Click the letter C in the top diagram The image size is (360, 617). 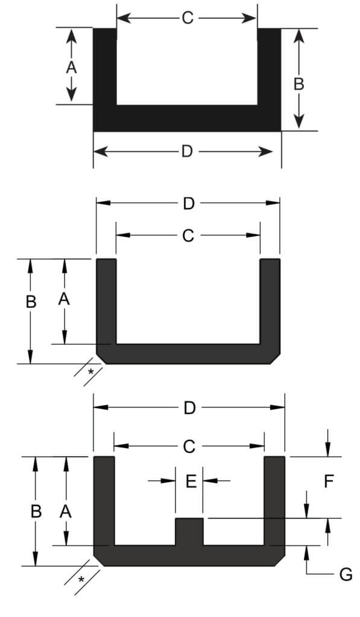[x=187, y=18]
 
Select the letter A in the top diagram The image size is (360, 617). [x=71, y=68]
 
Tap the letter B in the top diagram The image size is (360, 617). [x=298, y=84]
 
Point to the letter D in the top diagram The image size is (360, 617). [x=187, y=152]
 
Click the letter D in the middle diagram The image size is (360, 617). [x=189, y=204]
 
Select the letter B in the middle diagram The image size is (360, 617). [x=31, y=302]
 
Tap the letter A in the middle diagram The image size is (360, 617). [x=64, y=299]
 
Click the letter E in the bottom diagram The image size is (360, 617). [x=190, y=481]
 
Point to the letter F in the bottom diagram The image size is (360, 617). [x=329, y=481]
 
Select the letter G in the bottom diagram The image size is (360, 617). [x=346, y=574]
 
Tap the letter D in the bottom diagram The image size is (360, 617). [x=189, y=409]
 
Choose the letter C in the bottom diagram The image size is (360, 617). [x=189, y=446]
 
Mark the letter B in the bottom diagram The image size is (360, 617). [x=36, y=511]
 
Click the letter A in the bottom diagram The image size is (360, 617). [x=66, y=512]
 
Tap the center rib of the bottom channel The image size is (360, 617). [x=189, y=531]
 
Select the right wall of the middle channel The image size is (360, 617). [x=270, y=301]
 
